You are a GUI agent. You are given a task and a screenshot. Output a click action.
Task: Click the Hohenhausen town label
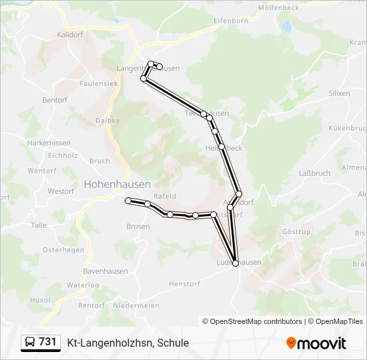coord(117,184)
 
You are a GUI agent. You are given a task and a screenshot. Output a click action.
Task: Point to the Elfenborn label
coord(231,21)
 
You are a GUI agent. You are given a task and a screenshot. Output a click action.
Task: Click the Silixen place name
coord(339,93)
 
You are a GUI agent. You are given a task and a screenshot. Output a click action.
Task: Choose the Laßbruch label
coord(315,173)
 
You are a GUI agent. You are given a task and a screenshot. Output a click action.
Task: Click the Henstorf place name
coord(184,283)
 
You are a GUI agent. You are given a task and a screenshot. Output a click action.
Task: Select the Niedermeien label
coord(137,305)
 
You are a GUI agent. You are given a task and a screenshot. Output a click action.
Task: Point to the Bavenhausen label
coord(105,271)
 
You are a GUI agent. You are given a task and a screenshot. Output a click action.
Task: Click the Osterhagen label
coord(63,250)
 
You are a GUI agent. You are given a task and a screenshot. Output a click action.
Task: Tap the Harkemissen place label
coord(49,143)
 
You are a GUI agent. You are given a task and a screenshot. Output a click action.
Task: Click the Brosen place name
coord(138,227)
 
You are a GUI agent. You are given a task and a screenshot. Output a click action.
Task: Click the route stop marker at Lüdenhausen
coord(235,263)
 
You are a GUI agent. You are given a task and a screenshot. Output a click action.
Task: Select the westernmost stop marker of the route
coord(128,200)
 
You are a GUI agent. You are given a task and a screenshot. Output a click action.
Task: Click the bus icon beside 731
coord(30,342)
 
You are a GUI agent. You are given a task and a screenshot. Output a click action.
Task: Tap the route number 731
coord(48,342)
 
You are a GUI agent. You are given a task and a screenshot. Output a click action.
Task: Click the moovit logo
coord(316,343)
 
